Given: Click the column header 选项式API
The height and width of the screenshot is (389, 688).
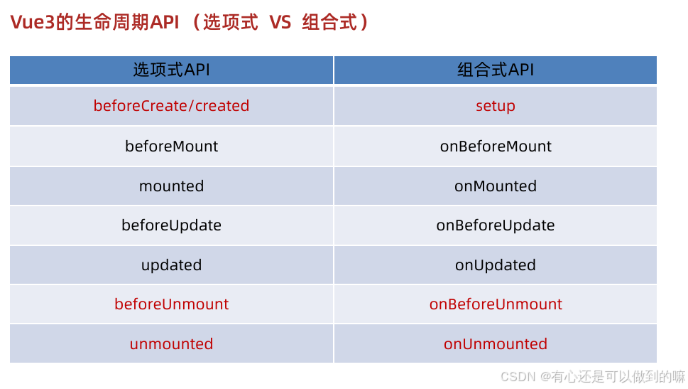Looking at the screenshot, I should click(x=171, y=70).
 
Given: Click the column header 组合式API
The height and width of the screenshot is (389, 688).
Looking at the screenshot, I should click(x=495, y=70).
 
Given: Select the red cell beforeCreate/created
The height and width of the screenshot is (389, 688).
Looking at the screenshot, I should click(x=171, y=106).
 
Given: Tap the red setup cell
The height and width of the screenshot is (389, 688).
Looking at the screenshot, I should click(x=495, y=106).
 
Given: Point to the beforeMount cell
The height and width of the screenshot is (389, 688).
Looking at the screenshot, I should click(x=171, y=146).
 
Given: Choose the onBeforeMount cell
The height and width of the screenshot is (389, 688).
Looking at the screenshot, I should click(x=495, y=146).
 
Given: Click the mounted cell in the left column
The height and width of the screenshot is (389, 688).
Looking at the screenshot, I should click(x=171, y=186).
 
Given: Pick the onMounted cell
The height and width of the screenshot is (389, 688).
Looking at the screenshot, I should click(x=495, y=186).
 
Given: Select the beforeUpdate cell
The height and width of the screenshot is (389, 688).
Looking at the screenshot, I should click(x=171, y=225).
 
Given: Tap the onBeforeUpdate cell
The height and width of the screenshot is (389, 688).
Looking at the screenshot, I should click(x=495, y=225).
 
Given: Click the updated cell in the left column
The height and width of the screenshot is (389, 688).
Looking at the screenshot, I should click(x=171, y=265).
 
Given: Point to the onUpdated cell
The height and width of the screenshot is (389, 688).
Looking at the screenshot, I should click(x=495, y=265).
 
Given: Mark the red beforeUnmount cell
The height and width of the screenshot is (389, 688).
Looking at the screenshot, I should click(x=171, y=304).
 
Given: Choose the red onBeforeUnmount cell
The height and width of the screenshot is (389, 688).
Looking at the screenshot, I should click(x=495, y=304).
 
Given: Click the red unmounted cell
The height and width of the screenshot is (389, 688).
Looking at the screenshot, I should click(x=171, y=344).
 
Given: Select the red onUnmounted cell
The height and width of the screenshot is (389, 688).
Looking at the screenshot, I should click(x=495, y=344).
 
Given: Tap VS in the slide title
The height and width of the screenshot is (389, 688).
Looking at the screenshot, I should click(x=280, y=23).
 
